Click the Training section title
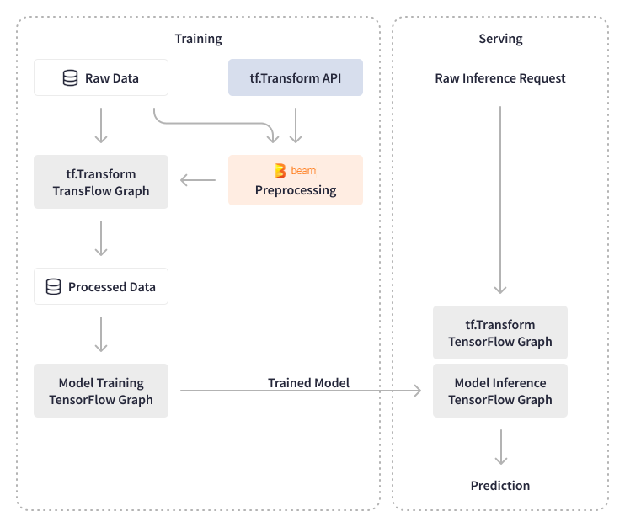[x=198, y=39]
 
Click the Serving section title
[x=500, y=39]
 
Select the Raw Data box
[x=101, y=78]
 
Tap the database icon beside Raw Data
[x=71, y=78]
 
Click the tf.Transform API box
[x=296, y=78]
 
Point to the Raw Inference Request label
[x=500, y=78]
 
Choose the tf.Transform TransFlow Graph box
[x=101, y=182]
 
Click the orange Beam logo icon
[x=280, y=171]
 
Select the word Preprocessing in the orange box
[x=296, y=190]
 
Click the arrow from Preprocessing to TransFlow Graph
[x=198, y=179]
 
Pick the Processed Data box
[x=101, y=287]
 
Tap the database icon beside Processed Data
[x=53, y=287]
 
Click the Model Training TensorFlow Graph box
[x=101, y=391]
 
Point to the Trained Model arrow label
[x=308, y=382]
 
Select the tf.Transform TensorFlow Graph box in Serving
[x=500, y=333]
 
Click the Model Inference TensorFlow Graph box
[x=500, y=391]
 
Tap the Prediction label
[x=500, y=486]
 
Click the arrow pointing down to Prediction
[x=500, y=446]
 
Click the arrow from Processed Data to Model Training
[x=101, y=333]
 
